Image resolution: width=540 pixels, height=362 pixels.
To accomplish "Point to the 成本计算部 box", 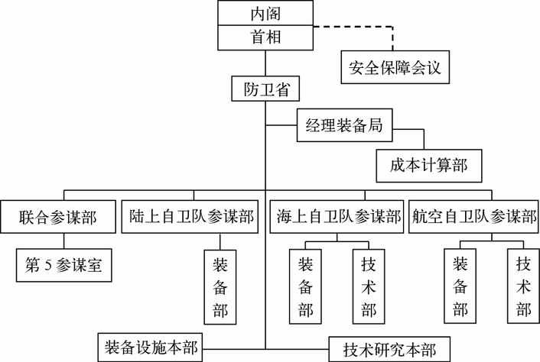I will point(429,164).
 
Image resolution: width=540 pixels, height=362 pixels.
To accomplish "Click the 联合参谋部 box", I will point(57,216).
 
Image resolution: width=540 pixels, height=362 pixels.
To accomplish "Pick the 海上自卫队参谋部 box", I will point(339,216).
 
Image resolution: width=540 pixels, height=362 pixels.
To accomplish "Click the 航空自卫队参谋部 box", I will point(473,216).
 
